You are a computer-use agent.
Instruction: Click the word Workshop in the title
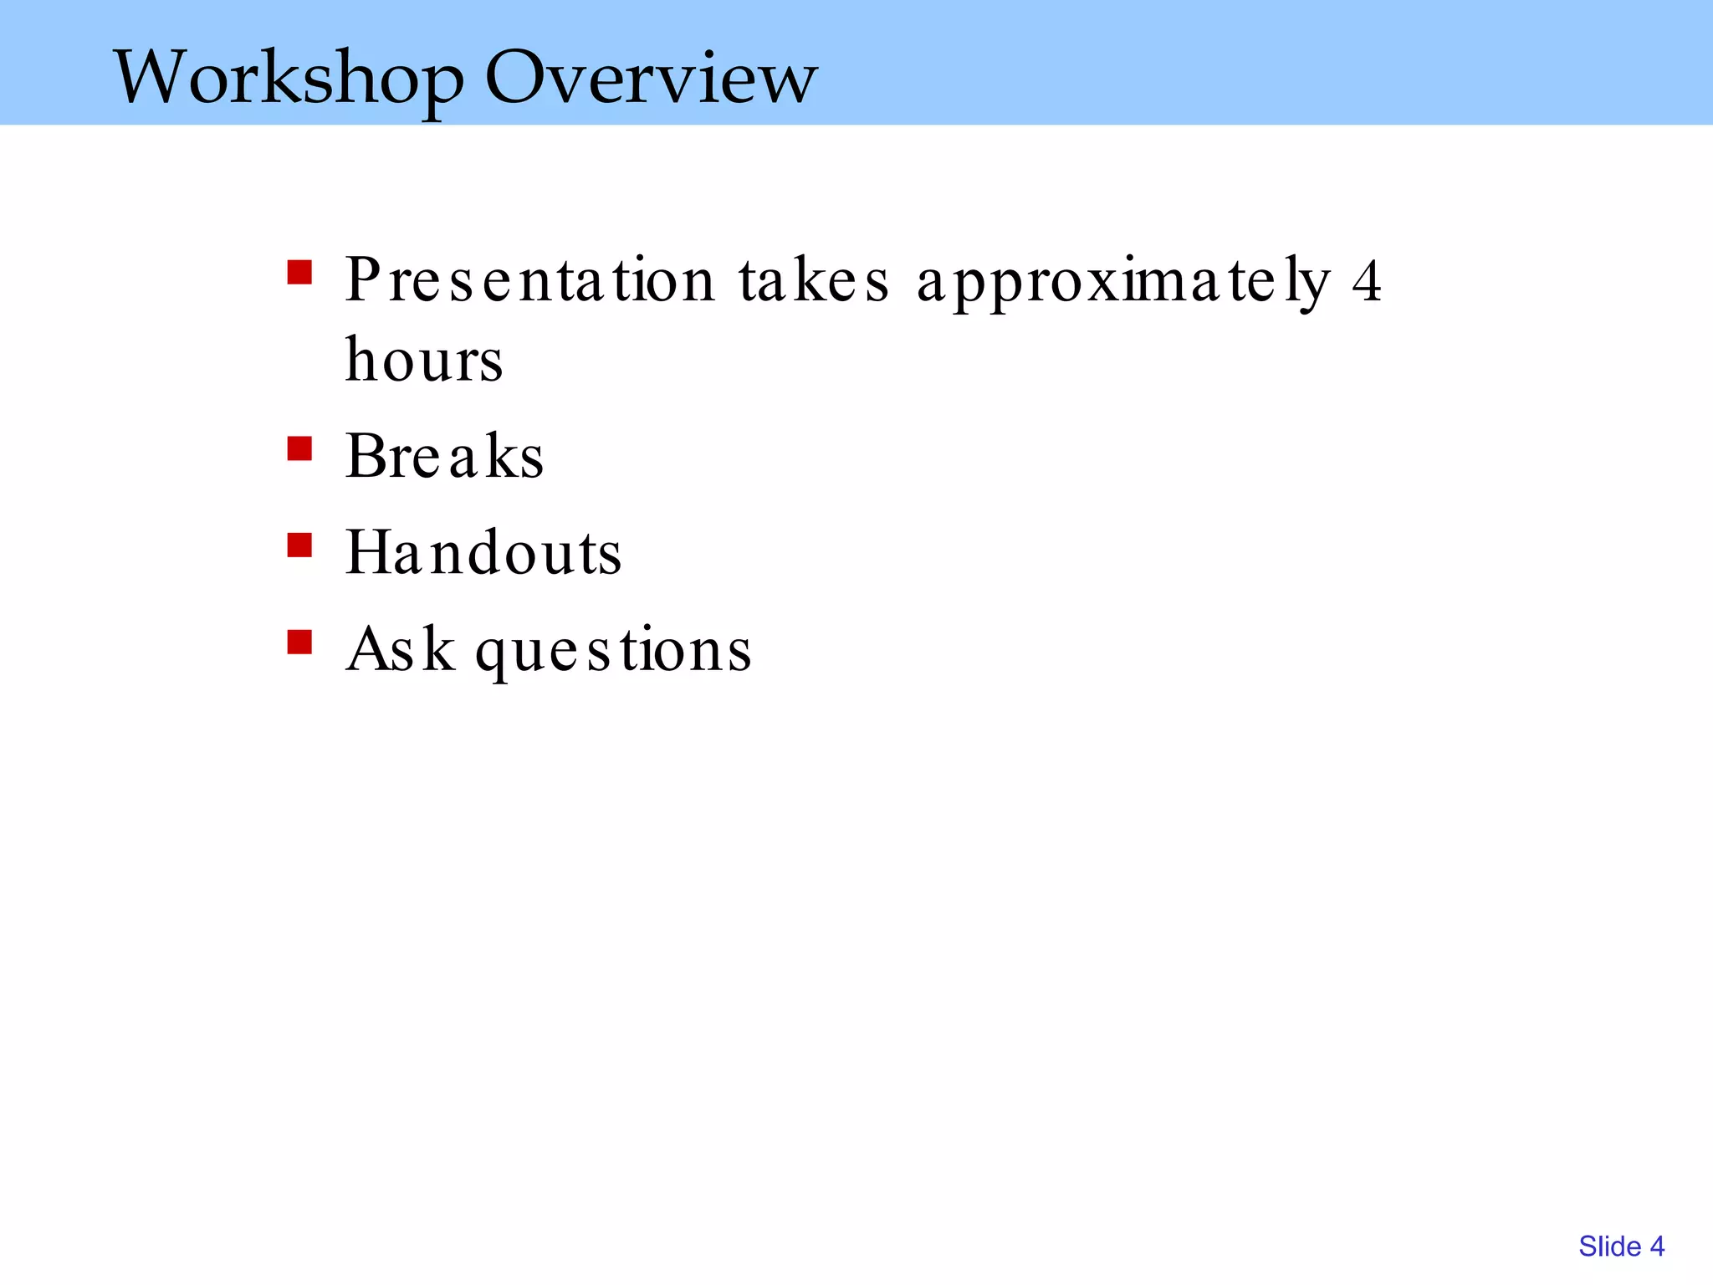coord(289,78)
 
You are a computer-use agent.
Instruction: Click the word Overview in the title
coord(651,78)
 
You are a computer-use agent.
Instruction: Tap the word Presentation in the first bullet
coord(529,280)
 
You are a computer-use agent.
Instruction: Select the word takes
coord(813,280)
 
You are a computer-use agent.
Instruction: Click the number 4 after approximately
coord(1367,282)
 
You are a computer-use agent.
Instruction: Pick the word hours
coord(424,360)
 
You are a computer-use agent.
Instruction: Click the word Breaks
coord(444,457)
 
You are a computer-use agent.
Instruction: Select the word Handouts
coord(483,553)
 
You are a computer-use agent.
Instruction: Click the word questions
coord(613,652)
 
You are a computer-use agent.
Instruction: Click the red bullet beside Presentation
coord(299,273)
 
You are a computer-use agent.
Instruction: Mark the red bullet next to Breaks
coord(299,449)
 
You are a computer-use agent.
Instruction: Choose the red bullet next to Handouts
coord(299,545)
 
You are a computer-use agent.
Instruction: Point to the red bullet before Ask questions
coord(299,642)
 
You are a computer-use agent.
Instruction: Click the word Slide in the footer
coord(1609,1247)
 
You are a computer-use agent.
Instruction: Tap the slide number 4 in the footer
coord(1657,1247)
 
